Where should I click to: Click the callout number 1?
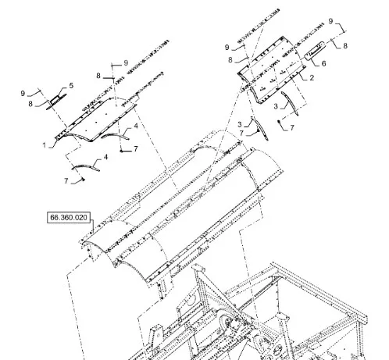pyautogui.click(x=45, y=145)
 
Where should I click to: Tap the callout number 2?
pyautogui.click(x=312, y=77)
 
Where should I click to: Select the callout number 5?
pyautogui.click(x=71, y=86)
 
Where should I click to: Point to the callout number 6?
pyautogui.click(x=323, y=63)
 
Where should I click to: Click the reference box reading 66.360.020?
pyautogui.click(x=69, y=217)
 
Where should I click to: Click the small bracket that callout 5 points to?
pyautogui.click(x=56, y=101)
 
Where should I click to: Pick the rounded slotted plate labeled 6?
pyautogui.click(x=315, y=51)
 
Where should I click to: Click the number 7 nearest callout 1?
pyautogui.click(x=66, y=180)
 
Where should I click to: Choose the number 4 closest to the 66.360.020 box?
pyautogui.click(x=105, y=157)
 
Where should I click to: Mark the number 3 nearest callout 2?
pyautogui.click(x=276, y=106)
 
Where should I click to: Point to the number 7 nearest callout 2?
pyautogui.click(x=292, y=128)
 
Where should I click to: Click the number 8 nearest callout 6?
pyautogui.click(x=345, y=46)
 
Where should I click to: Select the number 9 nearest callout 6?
pyautogui.click(x=330, y=21)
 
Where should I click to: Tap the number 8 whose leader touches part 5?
pyautogui.click(x=30, y=104)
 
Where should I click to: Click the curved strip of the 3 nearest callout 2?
pyautogui.click(x=290, y=103)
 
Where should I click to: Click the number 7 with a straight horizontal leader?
pyautogui.click(x=136, y=148)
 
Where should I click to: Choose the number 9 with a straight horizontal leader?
pyautogui.click(x=126, y=62)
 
